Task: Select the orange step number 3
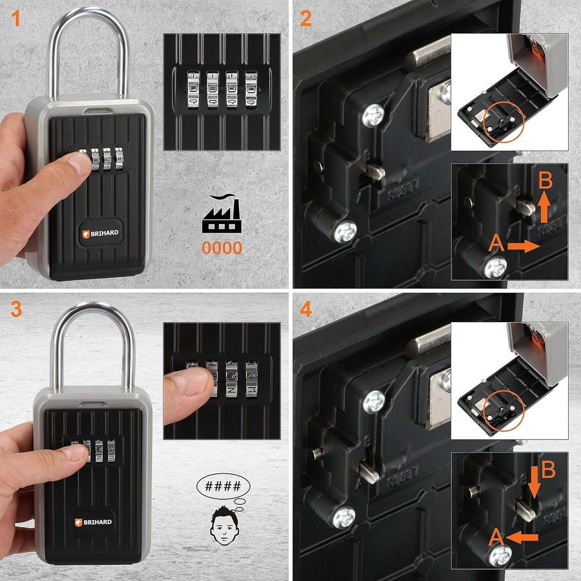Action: (x=16, y=309)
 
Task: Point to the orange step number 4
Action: (x=306, y=309)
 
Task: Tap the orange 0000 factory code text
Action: (x=222, y=248)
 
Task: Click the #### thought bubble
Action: (x=223, y=487)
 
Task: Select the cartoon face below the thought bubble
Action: (x=223, y=523)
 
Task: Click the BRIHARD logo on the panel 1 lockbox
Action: (x=100, y=233)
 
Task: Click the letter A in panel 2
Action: (x=497, y=245)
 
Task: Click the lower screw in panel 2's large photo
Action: (x=344, y=232)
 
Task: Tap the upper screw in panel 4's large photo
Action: (x=373, y=402)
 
